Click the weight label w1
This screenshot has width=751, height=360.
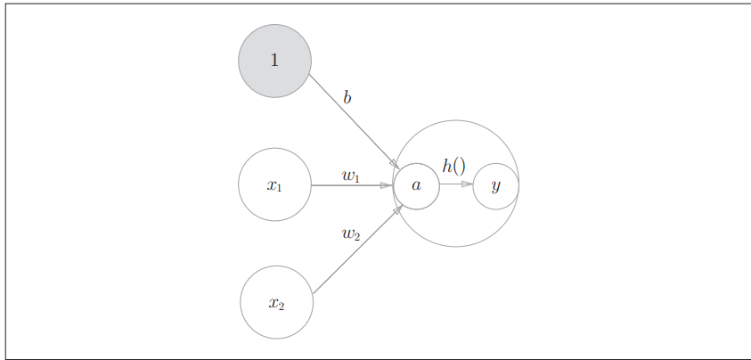[x=350, y=176]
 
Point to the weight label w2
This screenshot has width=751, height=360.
[x=350, y=233]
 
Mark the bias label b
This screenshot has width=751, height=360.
[x=347, y=97]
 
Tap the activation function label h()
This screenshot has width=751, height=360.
[x=453, y=166]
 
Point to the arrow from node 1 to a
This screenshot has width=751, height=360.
[x=352, y=119]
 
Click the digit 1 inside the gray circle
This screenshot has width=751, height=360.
[x=274, y=61]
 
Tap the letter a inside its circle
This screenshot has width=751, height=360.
[x=416, y=185]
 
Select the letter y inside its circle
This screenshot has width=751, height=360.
[x=496, y=185]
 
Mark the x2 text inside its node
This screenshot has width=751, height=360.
[x=276, y=303]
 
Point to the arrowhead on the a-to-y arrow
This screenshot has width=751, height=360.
[x=468, y=184]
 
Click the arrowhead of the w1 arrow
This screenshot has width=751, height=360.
[x=387, y=185]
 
